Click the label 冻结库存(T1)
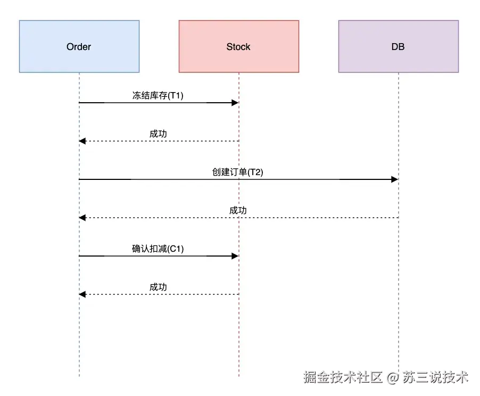158,96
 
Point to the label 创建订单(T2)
238,172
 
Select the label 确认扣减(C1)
158,249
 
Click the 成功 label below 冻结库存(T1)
158,134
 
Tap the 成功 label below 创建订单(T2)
238,211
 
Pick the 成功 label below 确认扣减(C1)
158,287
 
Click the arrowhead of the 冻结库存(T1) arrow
235,103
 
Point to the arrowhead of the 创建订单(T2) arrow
395,179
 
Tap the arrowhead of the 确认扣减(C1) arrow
235,256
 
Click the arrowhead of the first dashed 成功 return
82,141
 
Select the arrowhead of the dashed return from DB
82,218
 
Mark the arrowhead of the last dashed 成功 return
82,294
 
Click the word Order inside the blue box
79,47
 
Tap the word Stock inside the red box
238,47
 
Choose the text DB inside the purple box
398,47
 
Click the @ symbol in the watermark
393,378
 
